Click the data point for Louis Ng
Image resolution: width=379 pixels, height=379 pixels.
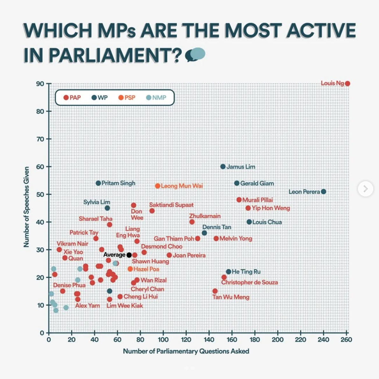(347, 83)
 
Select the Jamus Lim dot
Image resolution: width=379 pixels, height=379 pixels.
(223, 167)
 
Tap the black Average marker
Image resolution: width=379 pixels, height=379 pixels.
(129, 255)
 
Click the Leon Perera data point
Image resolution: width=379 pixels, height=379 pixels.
(324, 191)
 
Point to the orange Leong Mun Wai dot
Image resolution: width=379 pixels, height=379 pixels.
(158, 186)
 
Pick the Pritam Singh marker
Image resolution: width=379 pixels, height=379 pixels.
(98, 183)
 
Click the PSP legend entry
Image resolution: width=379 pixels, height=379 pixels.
(127, 97)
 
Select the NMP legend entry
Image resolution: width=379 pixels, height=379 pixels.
(156, 97)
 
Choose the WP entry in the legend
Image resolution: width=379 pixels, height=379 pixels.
(100, 97)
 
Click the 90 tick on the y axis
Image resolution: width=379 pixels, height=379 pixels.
(40, 84)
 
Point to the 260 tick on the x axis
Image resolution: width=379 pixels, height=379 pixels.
(347, 340)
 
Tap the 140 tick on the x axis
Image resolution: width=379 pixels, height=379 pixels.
(209, 340)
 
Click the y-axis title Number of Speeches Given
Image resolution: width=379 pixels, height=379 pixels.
(26, 207)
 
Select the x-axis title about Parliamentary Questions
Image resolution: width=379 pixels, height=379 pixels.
(186, 351)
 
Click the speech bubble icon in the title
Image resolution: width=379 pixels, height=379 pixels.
(195, 54)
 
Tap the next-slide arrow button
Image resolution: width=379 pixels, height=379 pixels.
(365, 189)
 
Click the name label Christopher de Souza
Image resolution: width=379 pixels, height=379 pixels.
(250, 282)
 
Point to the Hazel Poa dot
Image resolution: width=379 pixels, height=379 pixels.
(130, 269)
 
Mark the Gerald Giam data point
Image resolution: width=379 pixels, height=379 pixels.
(237, 183)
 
